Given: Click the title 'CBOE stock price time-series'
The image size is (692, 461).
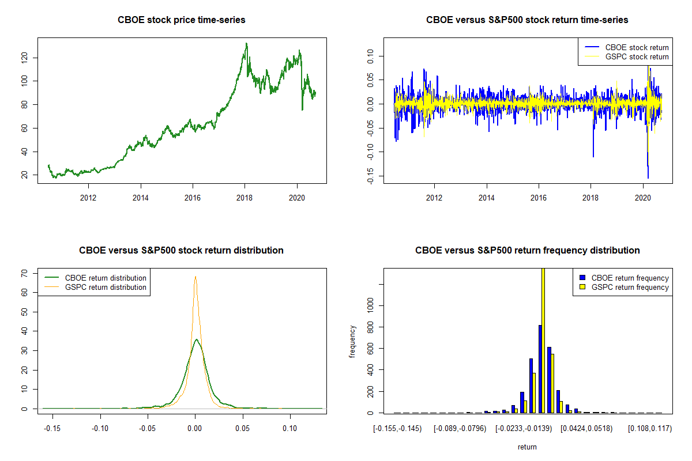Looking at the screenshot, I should tap(182, 20).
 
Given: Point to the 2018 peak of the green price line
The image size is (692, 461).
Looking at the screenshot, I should tap(247, 44).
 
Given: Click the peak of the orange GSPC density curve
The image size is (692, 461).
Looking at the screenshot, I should tap(195, 276).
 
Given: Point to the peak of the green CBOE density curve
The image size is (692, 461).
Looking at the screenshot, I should tap(196, 339).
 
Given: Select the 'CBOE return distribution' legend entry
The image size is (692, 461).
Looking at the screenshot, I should tap(106, 278).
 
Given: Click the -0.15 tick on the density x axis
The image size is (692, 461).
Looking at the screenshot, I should tap(52, 429).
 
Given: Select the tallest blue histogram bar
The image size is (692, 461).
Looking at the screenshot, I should tap(540, 369).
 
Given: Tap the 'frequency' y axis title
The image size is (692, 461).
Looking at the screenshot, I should tap(353, 341).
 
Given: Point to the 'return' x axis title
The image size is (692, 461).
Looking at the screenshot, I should tap(527, 447).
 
